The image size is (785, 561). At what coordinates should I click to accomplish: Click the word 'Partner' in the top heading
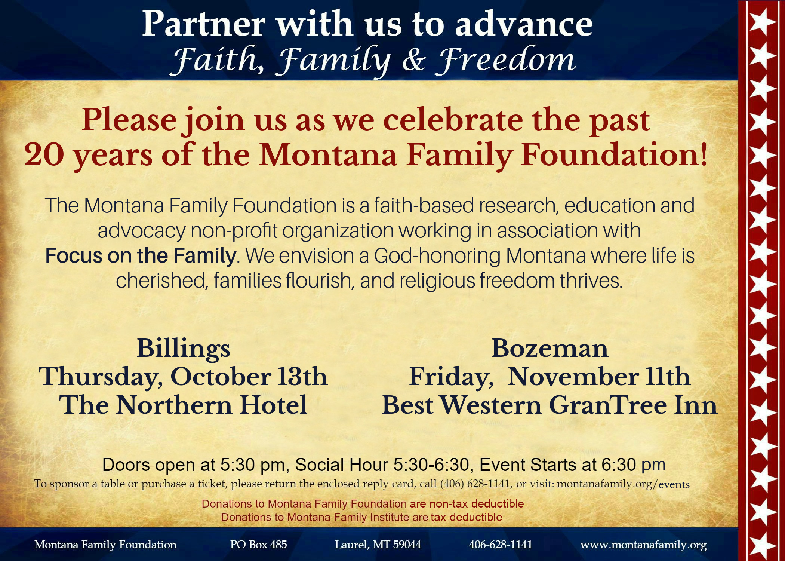(204, 24)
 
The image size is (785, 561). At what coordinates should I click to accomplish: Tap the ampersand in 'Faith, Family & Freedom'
(414, 60)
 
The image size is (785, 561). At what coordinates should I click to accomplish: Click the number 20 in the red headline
(44, 155)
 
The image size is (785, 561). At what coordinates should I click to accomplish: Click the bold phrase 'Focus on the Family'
(141, 256)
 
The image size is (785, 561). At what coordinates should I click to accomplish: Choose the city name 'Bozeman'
(549, 349)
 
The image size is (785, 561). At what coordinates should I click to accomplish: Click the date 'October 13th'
(249, 377)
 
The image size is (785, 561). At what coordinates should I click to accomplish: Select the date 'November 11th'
(599, 377)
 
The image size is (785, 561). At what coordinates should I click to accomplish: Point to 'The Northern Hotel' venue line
(183, 405)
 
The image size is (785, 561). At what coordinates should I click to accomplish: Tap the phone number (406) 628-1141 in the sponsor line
(475, 484)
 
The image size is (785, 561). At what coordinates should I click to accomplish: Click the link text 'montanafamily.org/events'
(623, 484)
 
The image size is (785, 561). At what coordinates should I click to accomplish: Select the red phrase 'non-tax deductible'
(477, 504)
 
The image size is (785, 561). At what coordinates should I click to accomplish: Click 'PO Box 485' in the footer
(258, 545)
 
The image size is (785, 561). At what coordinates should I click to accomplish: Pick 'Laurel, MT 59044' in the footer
(378, 545)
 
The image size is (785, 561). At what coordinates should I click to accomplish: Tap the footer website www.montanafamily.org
(643, 545)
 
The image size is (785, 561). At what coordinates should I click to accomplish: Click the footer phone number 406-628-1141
(501, 545)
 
